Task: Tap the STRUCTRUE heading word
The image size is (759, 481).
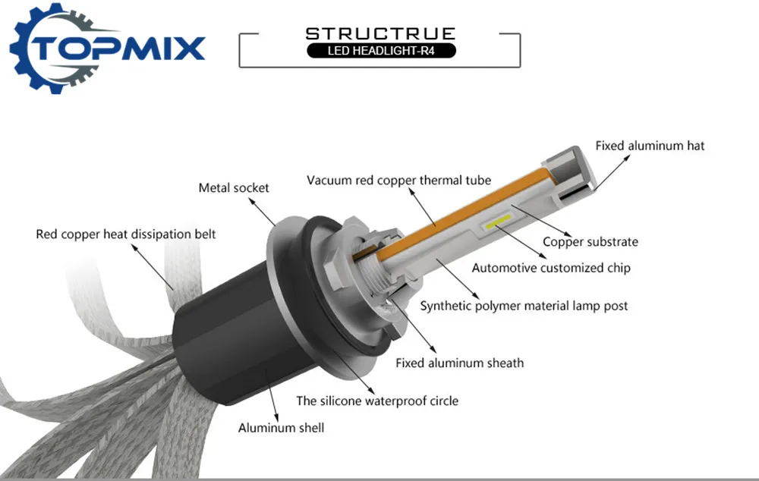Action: point(380,33)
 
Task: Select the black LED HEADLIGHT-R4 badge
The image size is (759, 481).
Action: point(381,50)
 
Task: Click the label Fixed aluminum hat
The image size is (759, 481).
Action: point(650,146)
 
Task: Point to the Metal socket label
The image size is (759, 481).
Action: point(233,187)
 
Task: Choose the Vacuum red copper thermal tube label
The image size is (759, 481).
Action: point(399,181)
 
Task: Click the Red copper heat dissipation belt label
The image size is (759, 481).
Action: point(126,234)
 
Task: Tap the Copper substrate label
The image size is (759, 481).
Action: point(590,242)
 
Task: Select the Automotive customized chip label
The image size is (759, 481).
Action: point(551,268)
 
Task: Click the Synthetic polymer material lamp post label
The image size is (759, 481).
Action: point(524,306)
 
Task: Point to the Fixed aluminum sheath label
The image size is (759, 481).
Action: point(459,363)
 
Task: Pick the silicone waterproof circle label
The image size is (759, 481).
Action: point(377,401)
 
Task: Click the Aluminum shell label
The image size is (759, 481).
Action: point(281,428)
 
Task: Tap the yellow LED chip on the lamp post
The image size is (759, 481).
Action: point(498,222)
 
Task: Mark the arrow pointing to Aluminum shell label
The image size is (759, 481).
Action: point(271,394)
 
